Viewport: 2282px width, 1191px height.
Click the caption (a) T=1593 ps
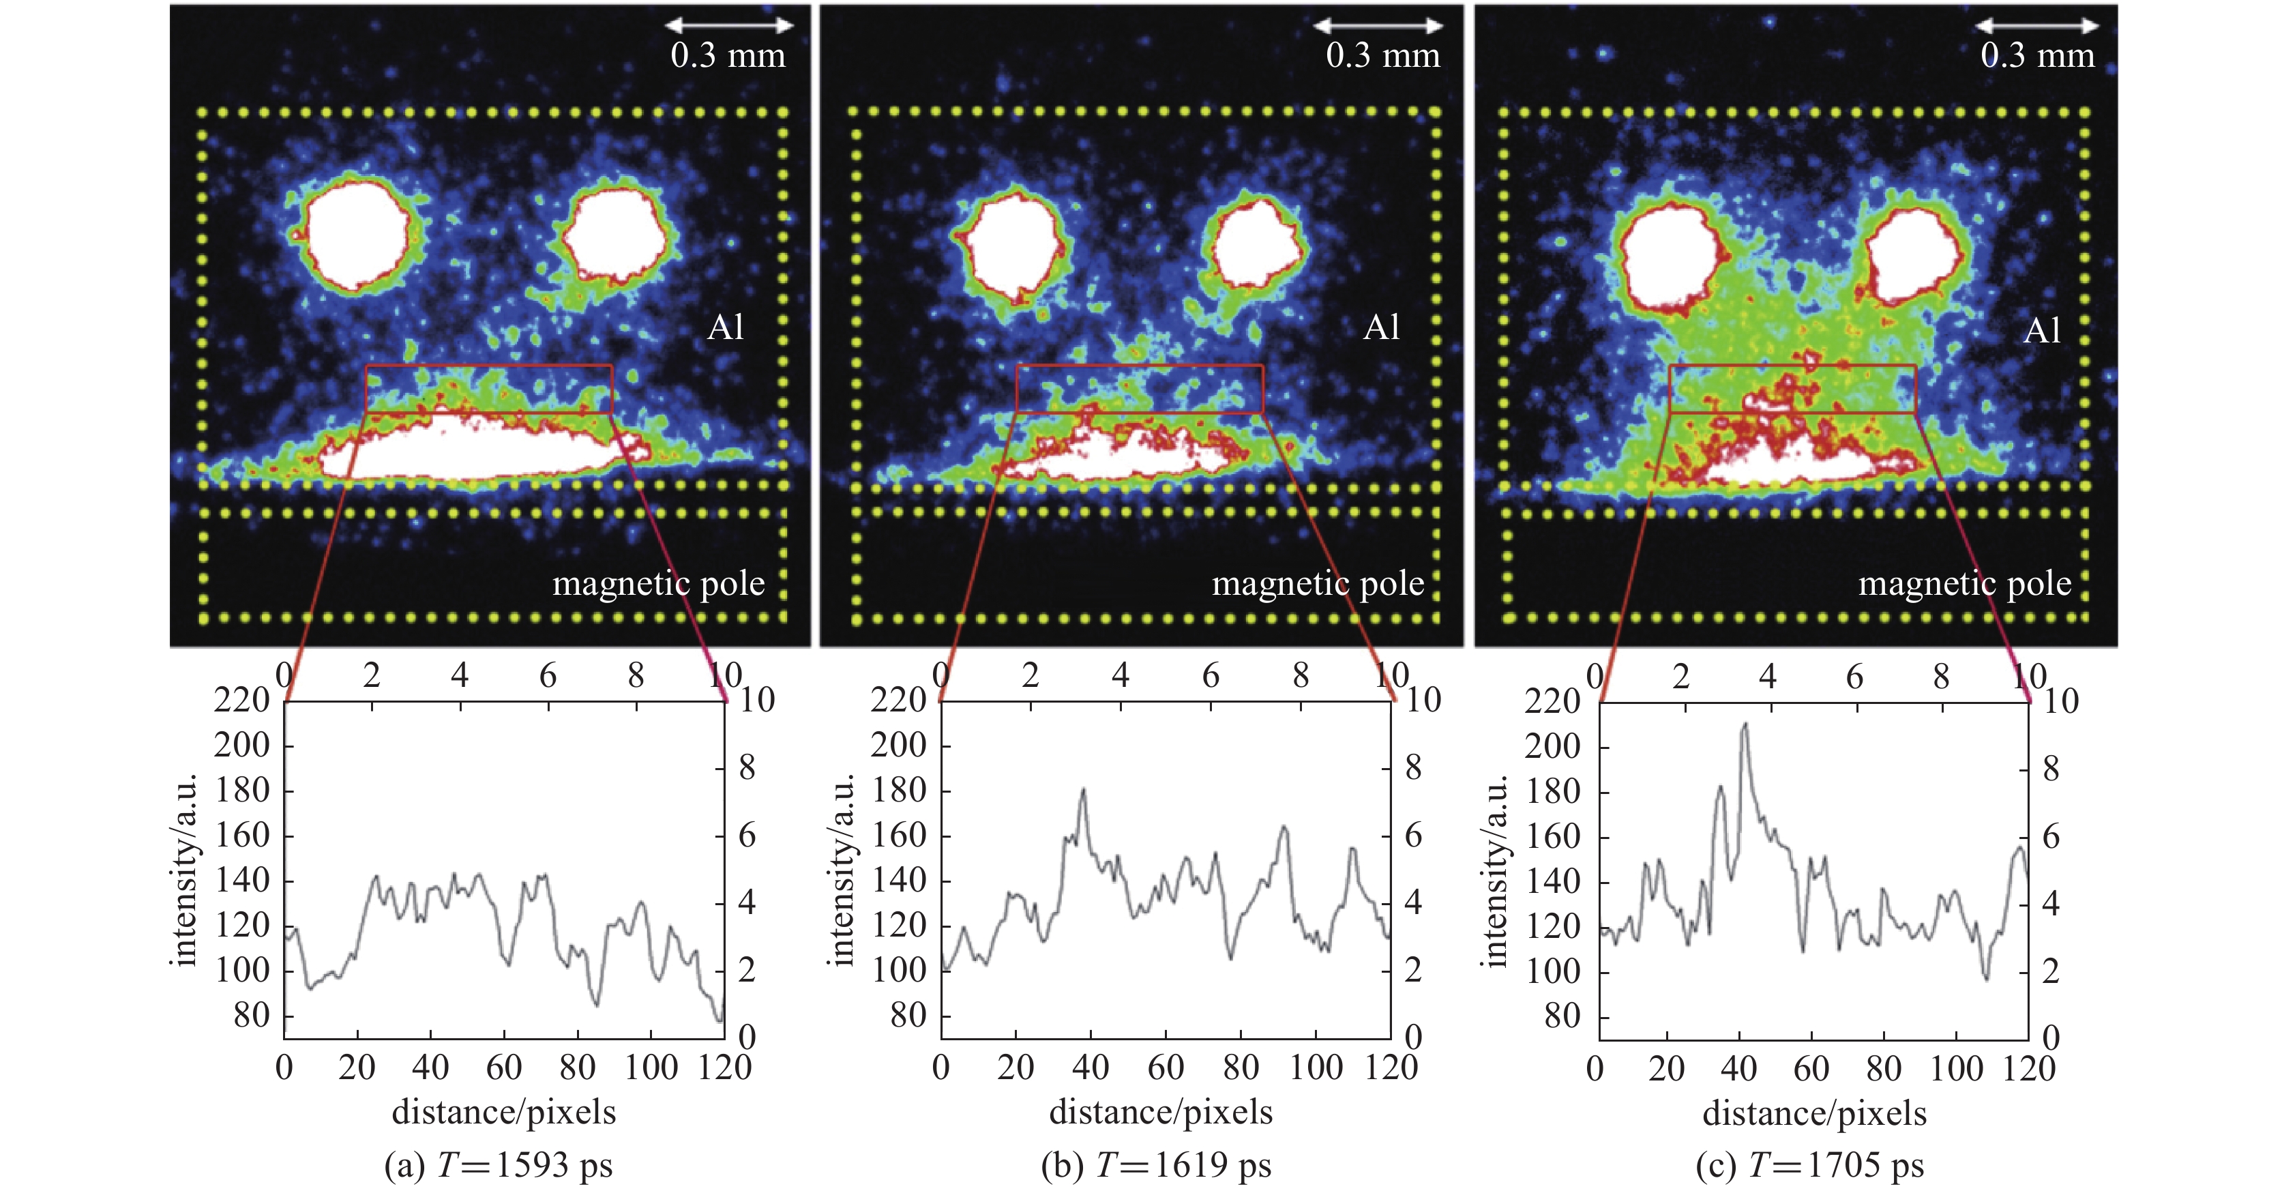click(498, 1164)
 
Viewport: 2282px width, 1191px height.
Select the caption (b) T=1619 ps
click(1156, 1164)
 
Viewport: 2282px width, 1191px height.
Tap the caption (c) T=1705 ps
click(1810, 1164)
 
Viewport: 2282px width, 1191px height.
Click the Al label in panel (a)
click(726, 328)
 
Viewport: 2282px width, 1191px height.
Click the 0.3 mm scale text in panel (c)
click(2038, 56)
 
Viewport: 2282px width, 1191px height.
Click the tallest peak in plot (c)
click(1745, 725)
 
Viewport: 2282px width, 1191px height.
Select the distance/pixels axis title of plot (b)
click(1161, 1112)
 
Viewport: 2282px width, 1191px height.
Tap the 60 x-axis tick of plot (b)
click(1165, 1068)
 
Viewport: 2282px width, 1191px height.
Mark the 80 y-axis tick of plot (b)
click(908, 1016)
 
